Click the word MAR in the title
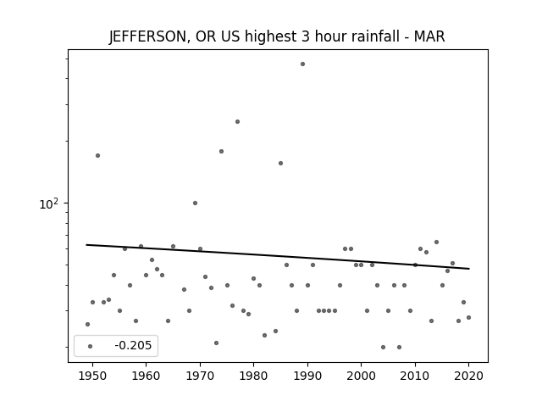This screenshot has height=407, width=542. coord(429,36)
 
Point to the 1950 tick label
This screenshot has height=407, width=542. coord(92,376)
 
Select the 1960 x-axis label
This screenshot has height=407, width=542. coord(146,376)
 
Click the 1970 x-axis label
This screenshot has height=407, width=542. coord(200,376)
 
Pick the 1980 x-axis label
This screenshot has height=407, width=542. coord(254,376)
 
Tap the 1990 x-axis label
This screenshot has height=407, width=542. coord(307,376)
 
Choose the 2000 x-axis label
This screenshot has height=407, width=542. coord(362,376)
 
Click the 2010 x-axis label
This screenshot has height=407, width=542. coord(415,376)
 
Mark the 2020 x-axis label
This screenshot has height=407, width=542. coord(468,376)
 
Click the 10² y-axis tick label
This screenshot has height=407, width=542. coord(49,203)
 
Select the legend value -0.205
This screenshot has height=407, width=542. coord(133,345)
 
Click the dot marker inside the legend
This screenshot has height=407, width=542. coord(91,346)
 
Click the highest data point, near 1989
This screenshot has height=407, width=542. coord(303,64)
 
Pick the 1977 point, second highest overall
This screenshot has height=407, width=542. coord(237,121)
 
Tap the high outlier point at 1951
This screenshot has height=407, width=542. coord(98,155)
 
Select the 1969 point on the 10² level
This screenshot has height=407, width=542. coord(195,203)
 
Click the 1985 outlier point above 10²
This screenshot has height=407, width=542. coord(280,163)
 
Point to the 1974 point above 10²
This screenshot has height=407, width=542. coord(221,151)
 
